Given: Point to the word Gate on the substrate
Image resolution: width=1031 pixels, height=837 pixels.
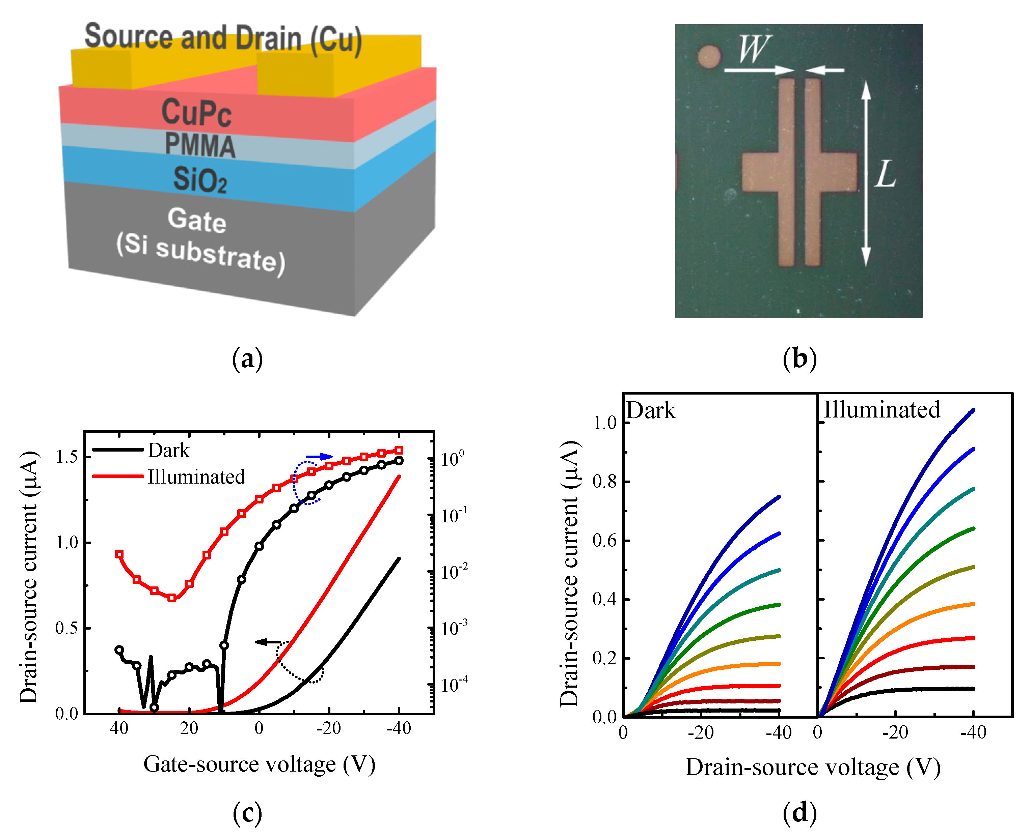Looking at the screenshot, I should (x=197, y=220).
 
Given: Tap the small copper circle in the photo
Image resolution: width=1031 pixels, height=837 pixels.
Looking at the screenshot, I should (x=709, y=56).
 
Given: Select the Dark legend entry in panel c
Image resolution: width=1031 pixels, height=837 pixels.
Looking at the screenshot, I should (x=168, y=450).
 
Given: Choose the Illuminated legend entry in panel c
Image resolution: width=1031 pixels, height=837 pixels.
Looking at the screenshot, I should (x=196, y=477).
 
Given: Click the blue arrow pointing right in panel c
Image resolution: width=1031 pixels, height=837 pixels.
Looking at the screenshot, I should (x=319, y=456).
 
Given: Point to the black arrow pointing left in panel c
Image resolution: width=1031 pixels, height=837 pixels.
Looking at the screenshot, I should (x=268, y=642).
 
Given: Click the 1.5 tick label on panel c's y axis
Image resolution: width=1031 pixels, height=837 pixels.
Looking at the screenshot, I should (x=66, y=457).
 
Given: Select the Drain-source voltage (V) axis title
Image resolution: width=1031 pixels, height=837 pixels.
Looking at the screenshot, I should (x=813, y=768).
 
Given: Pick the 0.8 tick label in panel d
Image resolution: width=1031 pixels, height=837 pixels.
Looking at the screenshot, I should (x=604, y=481).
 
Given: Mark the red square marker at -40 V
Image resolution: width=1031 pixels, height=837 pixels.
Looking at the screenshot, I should (x=399, y=450).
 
